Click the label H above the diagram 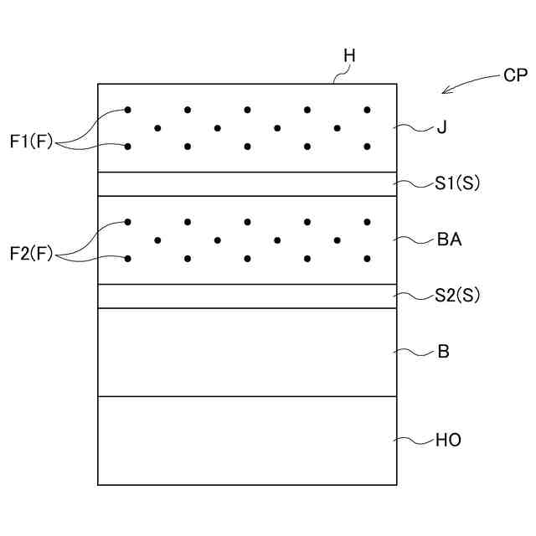[x=350, y=56]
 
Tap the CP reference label [x=515, y=75]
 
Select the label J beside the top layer [x=441, y=128]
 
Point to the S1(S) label [x=457, y=183]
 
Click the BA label [x=450, y=240]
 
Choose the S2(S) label [x=457, y=295]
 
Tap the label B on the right [x=443, y=352]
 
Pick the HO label [x=449, y=440]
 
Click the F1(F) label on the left [x=31, y=142]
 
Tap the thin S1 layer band [x=247, y=184]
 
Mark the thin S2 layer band [x=247, y=296]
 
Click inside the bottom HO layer [x=247, y=441]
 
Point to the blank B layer [x=247, y=352]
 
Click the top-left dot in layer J [x=128, y=110]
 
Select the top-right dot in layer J [x=367, y=110]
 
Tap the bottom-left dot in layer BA [x=128, y=259]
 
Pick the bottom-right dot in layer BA [x=367, y=259]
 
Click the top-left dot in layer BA [x=128, y=222]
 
